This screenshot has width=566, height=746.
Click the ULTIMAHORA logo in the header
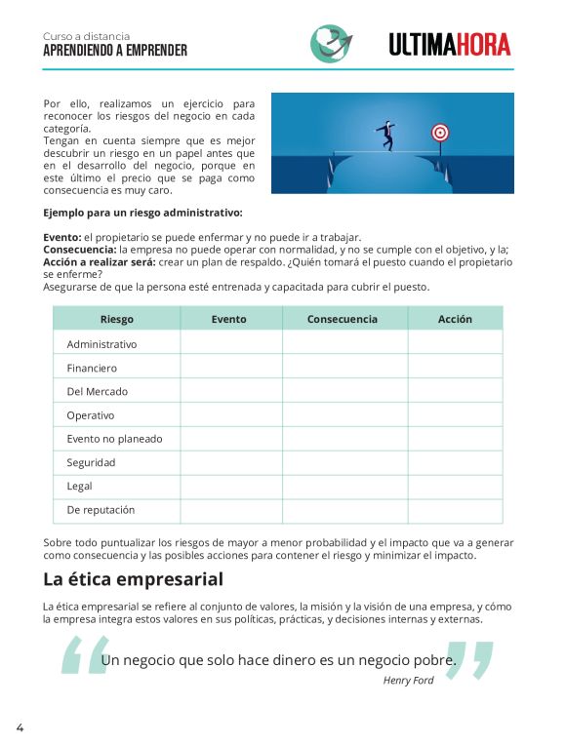(450, 44)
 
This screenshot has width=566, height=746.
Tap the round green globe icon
(330, 44)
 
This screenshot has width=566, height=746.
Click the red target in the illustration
(439, 132)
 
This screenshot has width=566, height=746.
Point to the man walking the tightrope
(387, 134)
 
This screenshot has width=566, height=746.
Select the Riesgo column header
(116, 319)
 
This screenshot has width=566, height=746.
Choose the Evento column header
(230, 319)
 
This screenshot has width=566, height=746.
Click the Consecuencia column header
(344, 319)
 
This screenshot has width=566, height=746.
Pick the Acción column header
(455, 319)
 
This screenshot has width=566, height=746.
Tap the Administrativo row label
(101, 344)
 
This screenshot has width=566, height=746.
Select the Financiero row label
(92, 368)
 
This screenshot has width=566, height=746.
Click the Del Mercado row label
(97, 391)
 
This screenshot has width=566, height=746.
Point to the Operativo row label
(90, 415)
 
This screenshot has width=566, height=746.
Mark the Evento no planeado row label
(114, 439)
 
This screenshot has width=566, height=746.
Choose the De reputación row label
(101, 509)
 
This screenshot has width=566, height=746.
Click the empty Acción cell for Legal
(455, 486)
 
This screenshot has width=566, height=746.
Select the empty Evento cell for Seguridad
(230, 462)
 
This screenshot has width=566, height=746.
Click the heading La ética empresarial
(133, 579)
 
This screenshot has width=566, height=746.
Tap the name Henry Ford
(409, 681)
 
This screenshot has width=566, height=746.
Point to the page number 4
(20, 727)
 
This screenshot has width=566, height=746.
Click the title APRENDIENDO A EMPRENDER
(115, 50)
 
